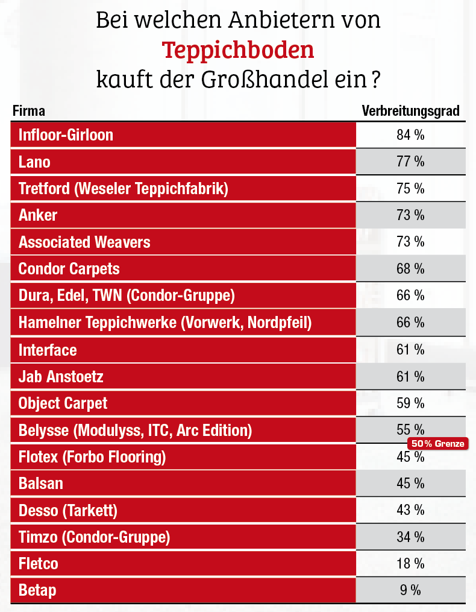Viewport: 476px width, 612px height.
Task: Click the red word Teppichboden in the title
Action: click(238, 50)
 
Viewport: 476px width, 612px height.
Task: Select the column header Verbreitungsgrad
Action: click(410, 111)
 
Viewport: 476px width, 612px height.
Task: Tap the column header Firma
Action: click(28, 111)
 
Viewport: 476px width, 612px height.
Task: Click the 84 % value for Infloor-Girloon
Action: click(410, 135)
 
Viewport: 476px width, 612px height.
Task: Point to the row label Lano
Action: click(34, 162)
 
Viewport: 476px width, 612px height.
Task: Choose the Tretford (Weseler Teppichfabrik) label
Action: click(124, 189)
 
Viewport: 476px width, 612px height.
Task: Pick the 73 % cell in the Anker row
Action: click(410, 215)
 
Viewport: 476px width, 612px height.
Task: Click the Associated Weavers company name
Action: click(84, 242)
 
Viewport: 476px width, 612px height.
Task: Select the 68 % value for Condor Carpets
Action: click(410, 269)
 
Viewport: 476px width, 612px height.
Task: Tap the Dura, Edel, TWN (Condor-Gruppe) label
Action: click(127, 296)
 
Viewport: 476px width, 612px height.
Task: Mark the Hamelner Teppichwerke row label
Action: click(165, 323)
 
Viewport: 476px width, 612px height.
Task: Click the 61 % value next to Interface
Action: click(410, 350)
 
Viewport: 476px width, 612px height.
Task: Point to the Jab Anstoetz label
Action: click(61, 377)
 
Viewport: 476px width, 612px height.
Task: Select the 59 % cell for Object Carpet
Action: click(410, 403)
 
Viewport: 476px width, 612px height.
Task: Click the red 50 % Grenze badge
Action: click(438, 444)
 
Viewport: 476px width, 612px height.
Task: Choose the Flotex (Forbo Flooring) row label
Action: click(92, 457)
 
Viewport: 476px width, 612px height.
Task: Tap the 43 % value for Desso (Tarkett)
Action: click(410, 511)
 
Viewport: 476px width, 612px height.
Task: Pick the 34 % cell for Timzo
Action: click(410, 537)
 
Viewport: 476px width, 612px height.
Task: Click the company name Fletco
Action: click(38, 564)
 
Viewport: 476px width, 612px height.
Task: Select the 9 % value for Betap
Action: click(410, 591)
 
